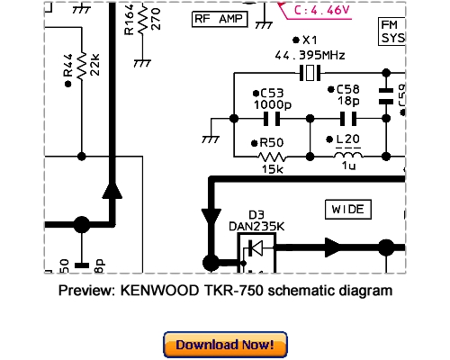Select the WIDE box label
(347, 209)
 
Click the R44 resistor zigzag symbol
(82, 68)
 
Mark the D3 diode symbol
(256, 246)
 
